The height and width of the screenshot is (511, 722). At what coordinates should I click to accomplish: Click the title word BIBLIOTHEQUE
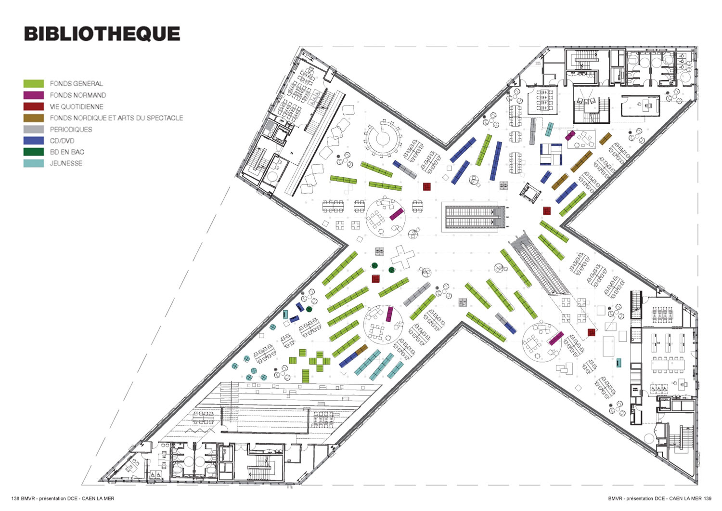point(102,34)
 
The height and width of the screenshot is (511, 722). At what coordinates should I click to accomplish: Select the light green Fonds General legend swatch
point(34,84)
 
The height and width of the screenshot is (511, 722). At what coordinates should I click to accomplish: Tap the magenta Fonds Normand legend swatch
point(34,95)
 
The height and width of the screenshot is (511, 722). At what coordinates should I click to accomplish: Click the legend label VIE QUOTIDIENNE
point(77,107)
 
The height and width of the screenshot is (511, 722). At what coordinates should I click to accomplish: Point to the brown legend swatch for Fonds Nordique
point(34,118)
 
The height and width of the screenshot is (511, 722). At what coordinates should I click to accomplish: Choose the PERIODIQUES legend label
point(71,130)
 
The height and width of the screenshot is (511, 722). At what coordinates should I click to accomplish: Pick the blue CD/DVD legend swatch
point(34,141)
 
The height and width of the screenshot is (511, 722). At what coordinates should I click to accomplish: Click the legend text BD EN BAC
point(67,152)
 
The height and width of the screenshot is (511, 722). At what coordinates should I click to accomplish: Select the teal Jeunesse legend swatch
point(34,163)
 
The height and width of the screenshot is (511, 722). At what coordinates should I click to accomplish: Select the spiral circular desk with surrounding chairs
point(383,138)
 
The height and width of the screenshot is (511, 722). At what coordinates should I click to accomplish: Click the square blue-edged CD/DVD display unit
point(551,154)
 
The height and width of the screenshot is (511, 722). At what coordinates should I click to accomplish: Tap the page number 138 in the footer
point(15,498)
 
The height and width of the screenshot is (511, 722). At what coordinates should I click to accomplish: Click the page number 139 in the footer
point(707,498)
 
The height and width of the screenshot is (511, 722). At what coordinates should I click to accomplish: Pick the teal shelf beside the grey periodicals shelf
point(549,129)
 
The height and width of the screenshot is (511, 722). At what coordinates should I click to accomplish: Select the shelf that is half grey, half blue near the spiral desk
point(405,169)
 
